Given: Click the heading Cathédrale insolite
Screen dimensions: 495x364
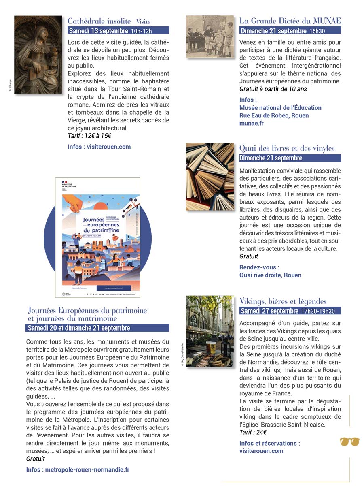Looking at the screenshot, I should [x=99, y=21].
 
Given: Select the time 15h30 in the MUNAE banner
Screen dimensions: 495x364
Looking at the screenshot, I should [x=317, y=31].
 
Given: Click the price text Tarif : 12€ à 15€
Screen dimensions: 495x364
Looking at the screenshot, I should [x=89, y=136].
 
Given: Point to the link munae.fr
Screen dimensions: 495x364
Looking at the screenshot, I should [x=251, y=123].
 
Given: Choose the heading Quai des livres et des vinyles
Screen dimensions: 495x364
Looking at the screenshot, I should [x=287, y=148].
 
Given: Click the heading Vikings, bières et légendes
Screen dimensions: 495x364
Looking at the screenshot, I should [x=283, y=301].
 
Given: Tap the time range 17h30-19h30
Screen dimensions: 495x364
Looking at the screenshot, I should [x=318, y=311].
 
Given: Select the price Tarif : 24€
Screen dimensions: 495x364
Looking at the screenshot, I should [x=253, y=432].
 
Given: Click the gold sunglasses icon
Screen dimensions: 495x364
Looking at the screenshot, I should [x=349, y=442].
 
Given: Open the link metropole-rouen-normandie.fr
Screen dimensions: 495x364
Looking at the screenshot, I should [x=87, y=470].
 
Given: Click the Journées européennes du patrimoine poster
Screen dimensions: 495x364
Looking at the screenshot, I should [x=97, y=237].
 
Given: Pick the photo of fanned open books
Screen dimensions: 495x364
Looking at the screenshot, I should [x=210, y=177].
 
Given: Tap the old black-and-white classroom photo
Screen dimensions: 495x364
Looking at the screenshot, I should [x=210, y=36].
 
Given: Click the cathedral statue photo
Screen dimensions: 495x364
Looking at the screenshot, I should [x=38, y=55].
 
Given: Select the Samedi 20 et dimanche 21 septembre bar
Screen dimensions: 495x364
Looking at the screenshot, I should [x=97, y=328].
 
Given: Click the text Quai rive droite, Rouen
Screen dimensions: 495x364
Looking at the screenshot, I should [x=270, y=275].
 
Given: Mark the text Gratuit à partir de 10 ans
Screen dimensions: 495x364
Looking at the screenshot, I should [x=273, y=89].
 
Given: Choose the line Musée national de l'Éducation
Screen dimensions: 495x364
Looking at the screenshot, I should [x=280, y=108].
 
